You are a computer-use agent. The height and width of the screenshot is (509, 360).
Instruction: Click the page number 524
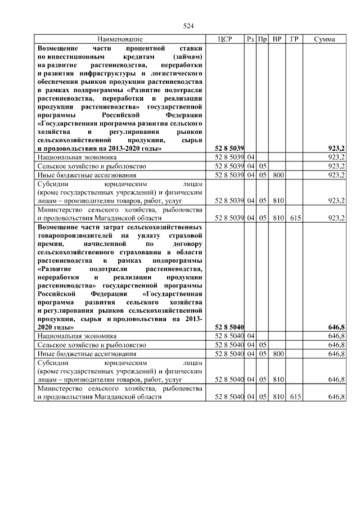pyautogui.click(x=189, y=26)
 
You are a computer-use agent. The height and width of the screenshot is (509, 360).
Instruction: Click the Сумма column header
pyautogui.click(x=325, y=39)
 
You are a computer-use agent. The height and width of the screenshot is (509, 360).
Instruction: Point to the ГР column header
pyautogui.click(x=294, y=39)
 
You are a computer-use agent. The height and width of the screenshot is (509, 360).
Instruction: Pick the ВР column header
pyautogui.click(x=277, y=39)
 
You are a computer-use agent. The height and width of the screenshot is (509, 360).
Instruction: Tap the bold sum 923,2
pyautogui.click(x=336, y=148)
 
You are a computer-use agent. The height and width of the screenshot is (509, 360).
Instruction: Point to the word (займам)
pyautogui.click(x=188, y=57)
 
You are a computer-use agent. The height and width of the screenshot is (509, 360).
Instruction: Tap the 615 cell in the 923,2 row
pyautogui.click(x=294, y=217)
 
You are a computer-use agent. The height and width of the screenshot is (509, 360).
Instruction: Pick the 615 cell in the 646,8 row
pyautogui.click(x=294, y=397)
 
